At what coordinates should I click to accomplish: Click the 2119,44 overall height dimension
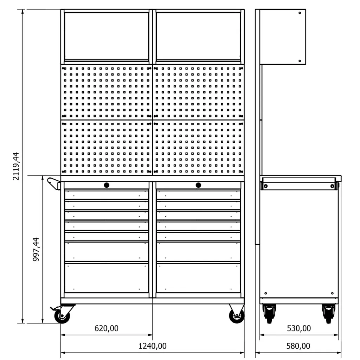16,166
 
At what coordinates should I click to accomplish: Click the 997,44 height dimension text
36,249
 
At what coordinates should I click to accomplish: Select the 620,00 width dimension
107,328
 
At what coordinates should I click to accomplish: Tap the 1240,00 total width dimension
153,346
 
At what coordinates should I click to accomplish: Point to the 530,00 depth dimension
299,328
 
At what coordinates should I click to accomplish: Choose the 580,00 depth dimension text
298,346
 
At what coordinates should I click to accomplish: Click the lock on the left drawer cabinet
107,185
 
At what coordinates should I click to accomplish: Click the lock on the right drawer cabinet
198,185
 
